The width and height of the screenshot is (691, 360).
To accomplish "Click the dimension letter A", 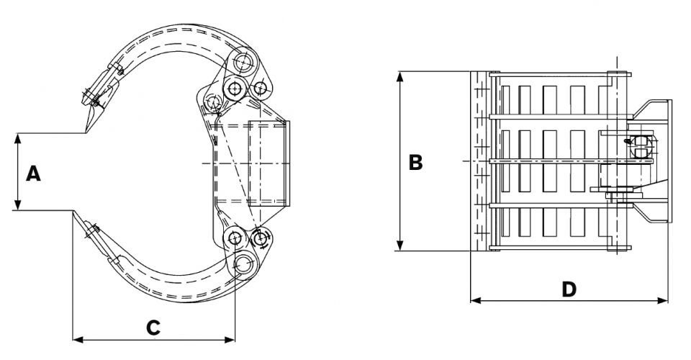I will click(x=32, y=174).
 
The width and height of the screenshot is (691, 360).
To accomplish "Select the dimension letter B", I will click(x=415, y=162).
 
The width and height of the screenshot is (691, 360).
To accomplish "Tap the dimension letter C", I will click(x=153, y=328).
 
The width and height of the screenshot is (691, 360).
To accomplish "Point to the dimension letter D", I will click(x=569, y=289).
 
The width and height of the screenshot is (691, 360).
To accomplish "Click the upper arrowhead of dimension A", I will click(x=17, y=138).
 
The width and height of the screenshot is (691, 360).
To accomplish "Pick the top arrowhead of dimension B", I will click(x=399, y=75).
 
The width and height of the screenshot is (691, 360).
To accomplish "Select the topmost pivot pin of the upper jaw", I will click(x=242, y=63).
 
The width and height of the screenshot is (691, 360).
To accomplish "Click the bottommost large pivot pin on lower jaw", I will click(x=243, y=265).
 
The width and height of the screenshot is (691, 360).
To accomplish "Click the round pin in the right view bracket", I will click(x=641, y=146).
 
